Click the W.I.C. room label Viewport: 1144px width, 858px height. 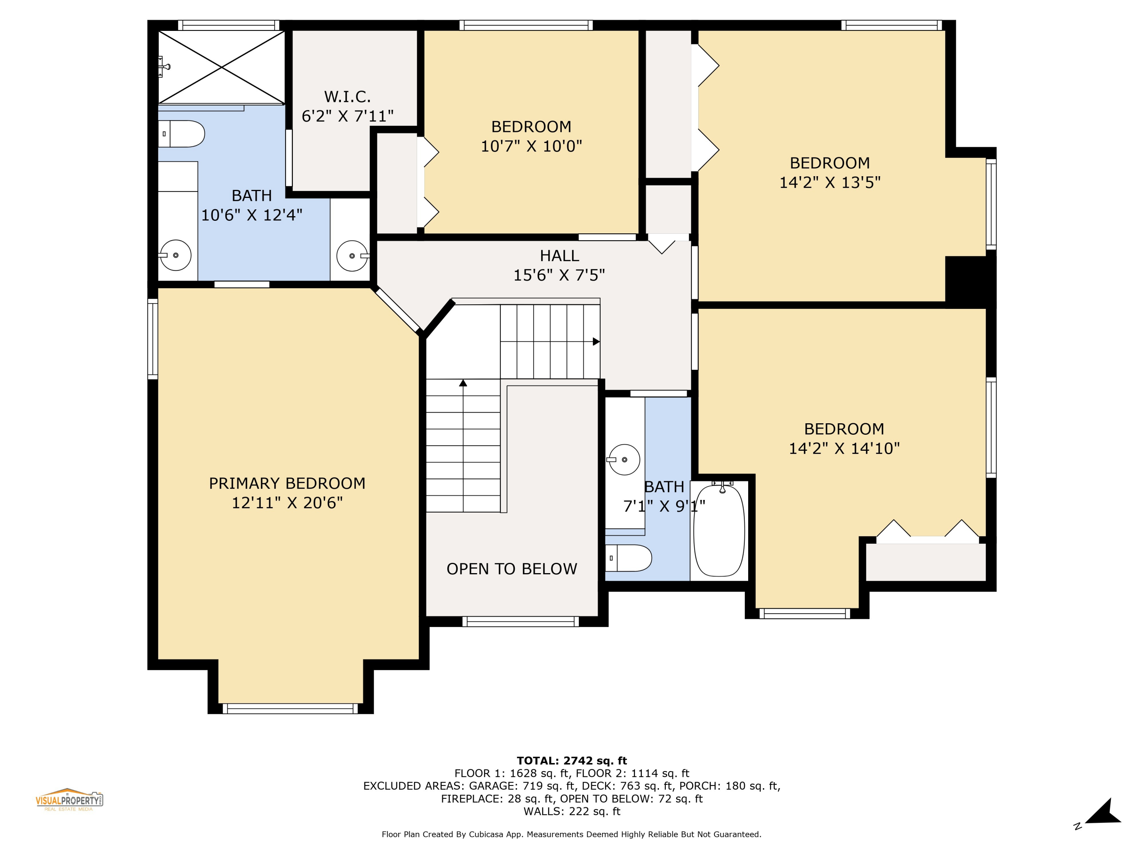(x=347, y=97)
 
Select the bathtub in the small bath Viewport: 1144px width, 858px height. (x=719, y=530)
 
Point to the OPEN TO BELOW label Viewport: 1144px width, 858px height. (x=511, y=569)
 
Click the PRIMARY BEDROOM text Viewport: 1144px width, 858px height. (x=287, y=484)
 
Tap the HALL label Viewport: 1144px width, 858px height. (x=559, y=256)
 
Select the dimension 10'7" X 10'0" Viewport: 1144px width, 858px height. (x=531, y=146)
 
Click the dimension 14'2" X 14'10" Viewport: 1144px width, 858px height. (x=844, y=448)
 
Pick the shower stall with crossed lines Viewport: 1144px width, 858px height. (x=221, y=67)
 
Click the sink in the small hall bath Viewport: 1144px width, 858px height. (x=624, y=459)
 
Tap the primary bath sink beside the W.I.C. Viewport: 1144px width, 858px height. (x=352, y=255)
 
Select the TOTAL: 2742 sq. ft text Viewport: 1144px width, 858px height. (x=572, y=761)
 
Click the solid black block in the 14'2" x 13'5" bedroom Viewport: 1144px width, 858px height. (x=970, y=279)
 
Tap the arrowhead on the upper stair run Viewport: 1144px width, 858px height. (x=596, y=342)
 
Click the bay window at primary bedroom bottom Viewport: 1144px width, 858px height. (x=290, y=709)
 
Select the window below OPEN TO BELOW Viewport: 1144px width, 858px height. (x=520, y=622)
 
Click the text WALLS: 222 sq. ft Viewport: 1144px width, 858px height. (x=572, y=811)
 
